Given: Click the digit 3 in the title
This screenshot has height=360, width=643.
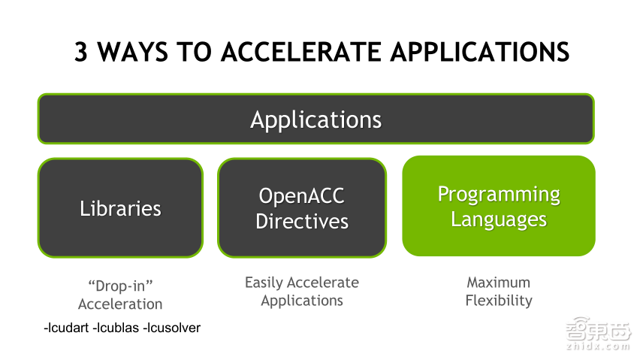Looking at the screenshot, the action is coord(81,52).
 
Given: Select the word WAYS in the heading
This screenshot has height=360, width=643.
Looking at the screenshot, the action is coord(133,52).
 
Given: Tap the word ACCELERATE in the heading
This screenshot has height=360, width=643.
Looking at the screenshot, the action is coord(301,52).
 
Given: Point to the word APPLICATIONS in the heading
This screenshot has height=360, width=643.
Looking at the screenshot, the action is coord(480,52).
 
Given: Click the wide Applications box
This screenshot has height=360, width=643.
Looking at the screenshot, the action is coord(315,119).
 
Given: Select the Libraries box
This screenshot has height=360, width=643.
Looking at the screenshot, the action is coord(120,207).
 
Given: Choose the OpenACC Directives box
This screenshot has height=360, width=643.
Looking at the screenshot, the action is coord(302,207).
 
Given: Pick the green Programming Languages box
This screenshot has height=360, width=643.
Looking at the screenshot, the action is coord(499,206).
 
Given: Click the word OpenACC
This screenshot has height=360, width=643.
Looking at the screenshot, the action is coord(302,195).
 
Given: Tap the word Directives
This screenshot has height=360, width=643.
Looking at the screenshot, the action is coord(302,221).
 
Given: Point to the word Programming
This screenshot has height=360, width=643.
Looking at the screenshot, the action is coord(499,195).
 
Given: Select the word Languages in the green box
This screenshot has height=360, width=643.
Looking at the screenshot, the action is coord(499,219).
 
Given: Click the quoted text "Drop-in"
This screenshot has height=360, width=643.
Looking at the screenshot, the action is coord(120,286).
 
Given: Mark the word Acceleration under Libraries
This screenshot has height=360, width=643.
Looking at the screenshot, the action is coord(120,304).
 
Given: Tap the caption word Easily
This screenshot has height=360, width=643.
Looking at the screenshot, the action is coord(264,283).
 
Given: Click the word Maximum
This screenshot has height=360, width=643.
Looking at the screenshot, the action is coord(499,283).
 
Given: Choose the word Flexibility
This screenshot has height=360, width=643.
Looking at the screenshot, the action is coord(499,301).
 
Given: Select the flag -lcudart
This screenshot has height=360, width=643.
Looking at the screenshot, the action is coord(66,328).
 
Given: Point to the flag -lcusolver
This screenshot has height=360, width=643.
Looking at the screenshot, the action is coord(171,328).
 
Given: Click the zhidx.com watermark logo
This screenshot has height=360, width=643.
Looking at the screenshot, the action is coord(598,333).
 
